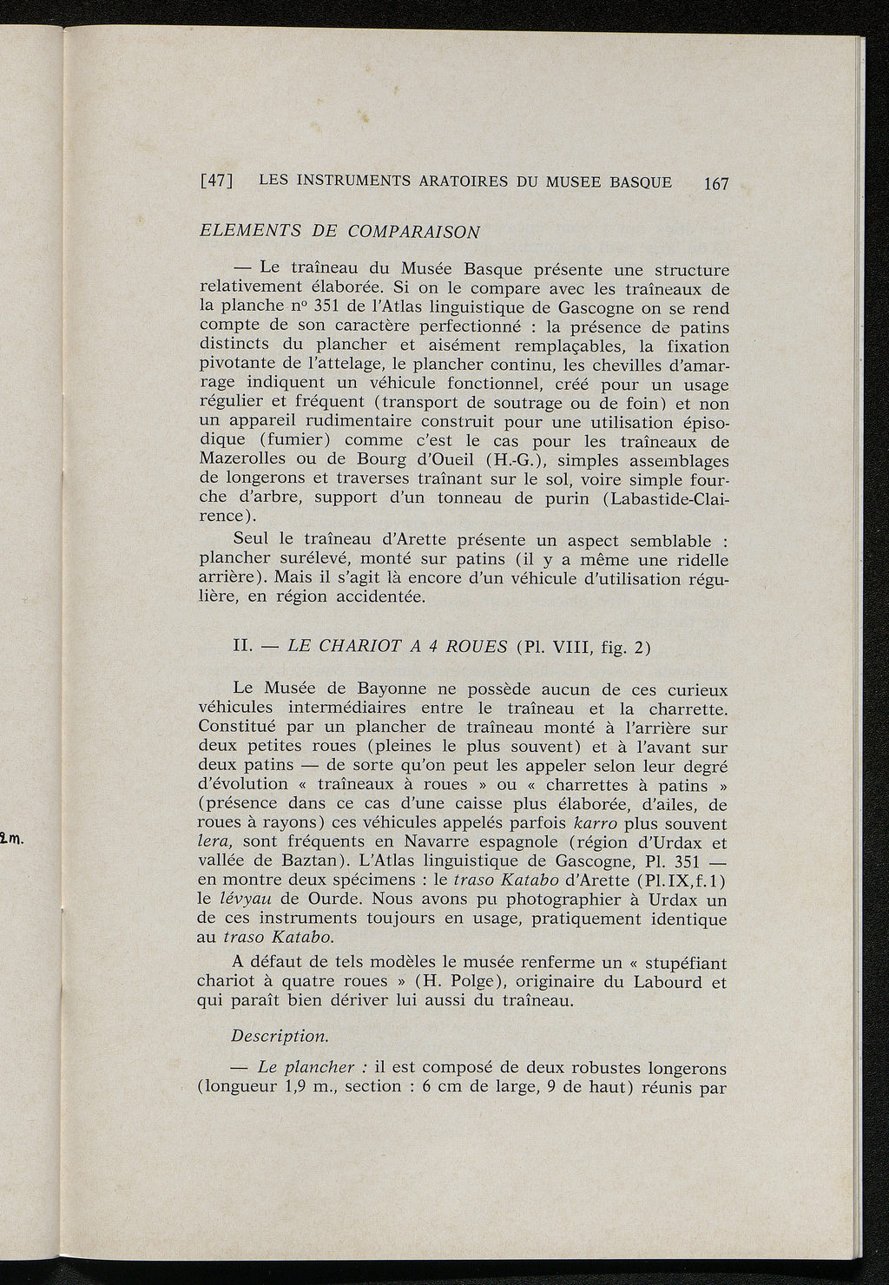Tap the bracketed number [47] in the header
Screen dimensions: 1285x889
click(x=214, y=181)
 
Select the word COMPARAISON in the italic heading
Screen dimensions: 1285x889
click(x=413, y=232)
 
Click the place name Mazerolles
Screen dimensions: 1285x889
click(x=242, y=461)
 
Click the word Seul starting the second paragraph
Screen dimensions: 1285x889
click(x=253, y=541)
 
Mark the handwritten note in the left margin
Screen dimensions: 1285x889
click(x=16, y=839)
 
